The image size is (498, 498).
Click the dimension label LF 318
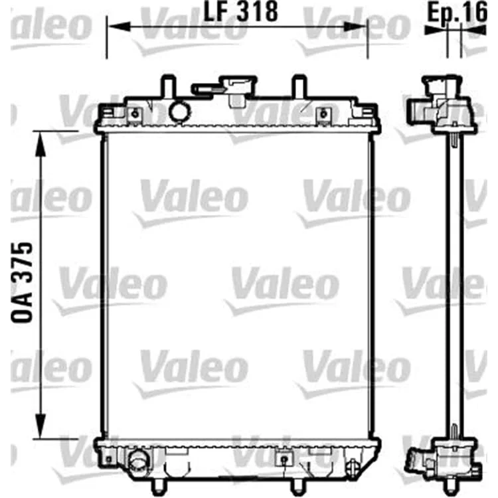pos(240,12)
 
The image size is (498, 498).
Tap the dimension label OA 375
pos(22,283)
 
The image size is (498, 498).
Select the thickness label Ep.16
pos(457,12)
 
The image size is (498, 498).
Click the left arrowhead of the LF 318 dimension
pos(120,27)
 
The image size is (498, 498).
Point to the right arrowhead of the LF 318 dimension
pos(355,27)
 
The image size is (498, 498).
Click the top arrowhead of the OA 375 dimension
pos(41,144)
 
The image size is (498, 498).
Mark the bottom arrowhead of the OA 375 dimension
pos(41,426)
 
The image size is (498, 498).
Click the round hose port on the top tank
pos(180,111)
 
